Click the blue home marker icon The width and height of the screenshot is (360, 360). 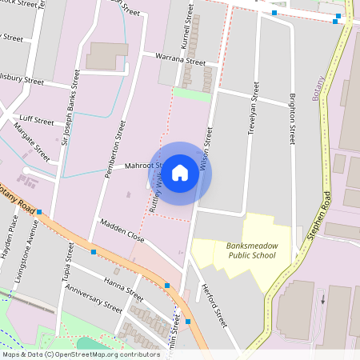[180, 172]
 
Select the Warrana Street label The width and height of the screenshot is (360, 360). [181, 60]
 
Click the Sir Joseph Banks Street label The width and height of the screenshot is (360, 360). [71, 97]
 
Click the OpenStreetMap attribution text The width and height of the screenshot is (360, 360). [80, 354]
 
